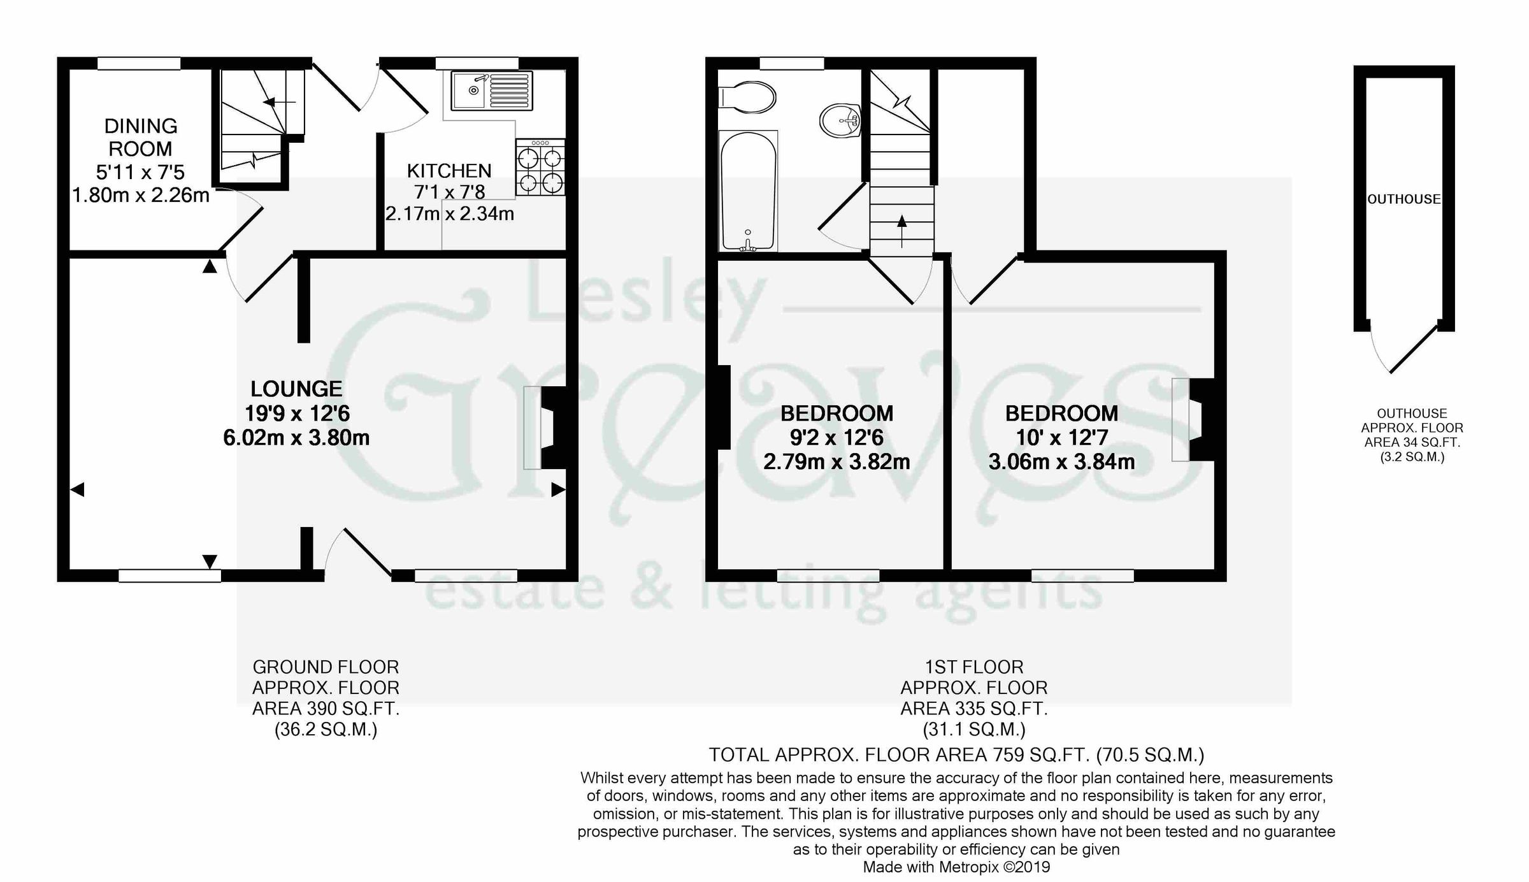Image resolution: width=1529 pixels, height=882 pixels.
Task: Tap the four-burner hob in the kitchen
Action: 540,168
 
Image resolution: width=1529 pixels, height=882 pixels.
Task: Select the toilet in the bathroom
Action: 747,98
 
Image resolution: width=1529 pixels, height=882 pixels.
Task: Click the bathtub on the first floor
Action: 748,191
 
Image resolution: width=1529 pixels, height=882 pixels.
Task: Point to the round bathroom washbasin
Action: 840,120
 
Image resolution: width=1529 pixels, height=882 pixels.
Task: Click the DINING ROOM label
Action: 140,137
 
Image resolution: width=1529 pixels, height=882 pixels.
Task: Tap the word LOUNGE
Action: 296,389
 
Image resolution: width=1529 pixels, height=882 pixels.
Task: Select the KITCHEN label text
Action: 449,171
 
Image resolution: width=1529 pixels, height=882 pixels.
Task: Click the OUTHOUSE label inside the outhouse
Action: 1404,199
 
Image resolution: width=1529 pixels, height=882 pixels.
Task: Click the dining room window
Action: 138,63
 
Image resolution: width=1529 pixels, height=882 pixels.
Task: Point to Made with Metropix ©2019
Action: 956,867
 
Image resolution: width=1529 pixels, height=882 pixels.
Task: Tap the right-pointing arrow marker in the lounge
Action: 557,489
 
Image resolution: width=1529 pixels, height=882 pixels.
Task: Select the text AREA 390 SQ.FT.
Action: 326,709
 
